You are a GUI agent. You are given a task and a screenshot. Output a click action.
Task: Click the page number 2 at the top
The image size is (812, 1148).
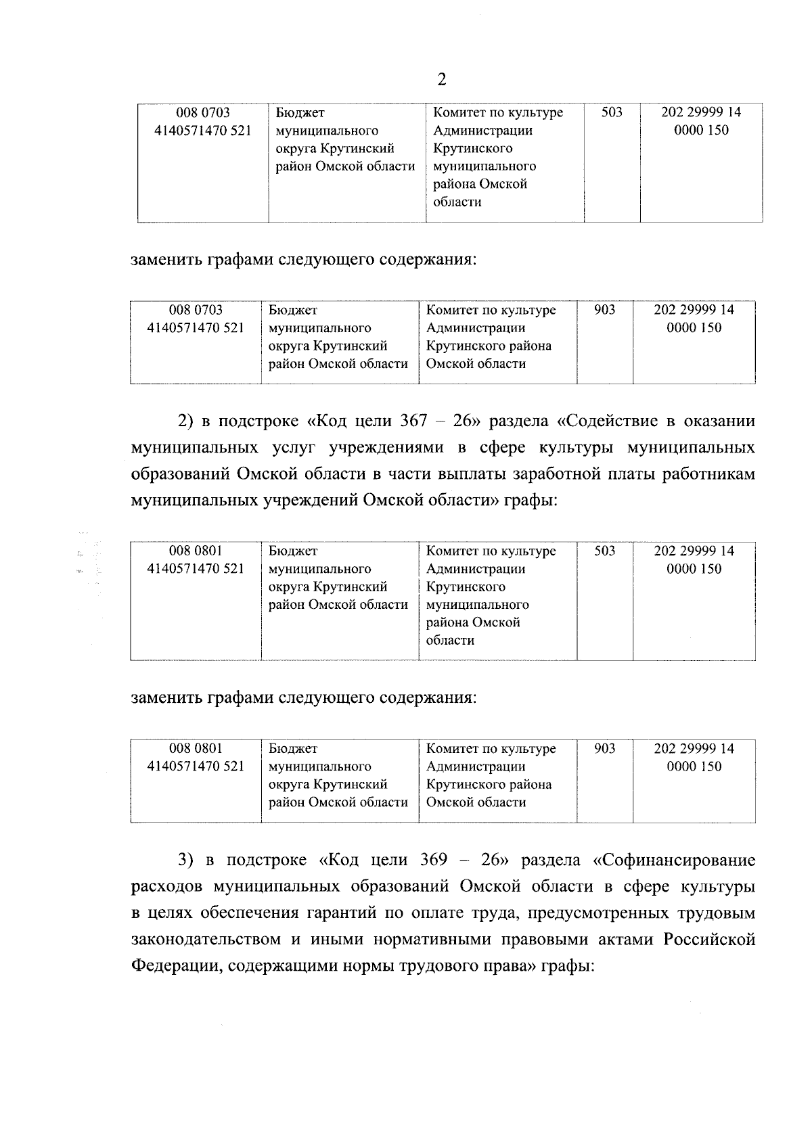pos(442,80)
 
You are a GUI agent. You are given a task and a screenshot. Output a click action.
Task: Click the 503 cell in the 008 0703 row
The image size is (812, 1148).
pos(611,112)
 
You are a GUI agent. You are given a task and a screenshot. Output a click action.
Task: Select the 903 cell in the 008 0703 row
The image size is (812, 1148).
pos(604,310)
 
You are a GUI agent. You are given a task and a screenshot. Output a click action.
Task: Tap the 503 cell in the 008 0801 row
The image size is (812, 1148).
pos(604,551)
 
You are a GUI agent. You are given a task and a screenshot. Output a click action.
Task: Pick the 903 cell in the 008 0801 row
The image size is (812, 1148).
pos(604,748)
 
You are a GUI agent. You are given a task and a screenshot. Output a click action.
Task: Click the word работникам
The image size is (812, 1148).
pos(710,474)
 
